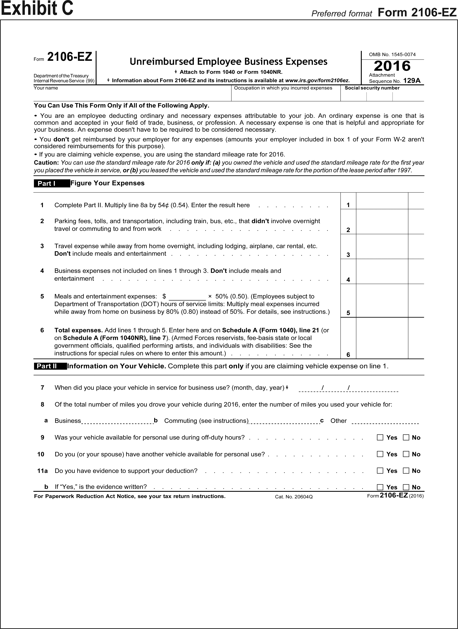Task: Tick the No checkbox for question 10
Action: pos(406,454)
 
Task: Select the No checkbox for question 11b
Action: pos(406,487)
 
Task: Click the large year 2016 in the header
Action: pos(392,66)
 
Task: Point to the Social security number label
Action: pos(372,88)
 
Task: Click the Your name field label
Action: pos(46,88)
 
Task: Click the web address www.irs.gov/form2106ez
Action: pos(317,80)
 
